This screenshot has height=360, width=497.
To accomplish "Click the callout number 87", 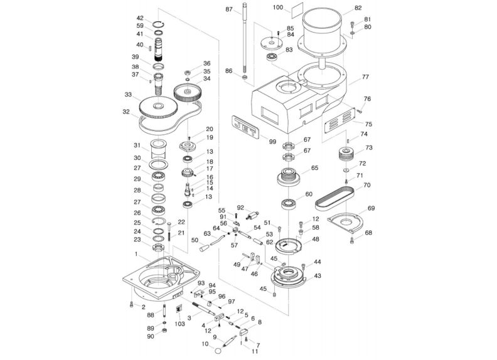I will coord(228,9).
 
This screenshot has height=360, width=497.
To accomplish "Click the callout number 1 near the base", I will coord(136,254).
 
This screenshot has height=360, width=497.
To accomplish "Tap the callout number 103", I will coord(180,324).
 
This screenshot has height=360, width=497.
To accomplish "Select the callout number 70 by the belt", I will coord(367,186).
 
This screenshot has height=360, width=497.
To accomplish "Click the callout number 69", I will coord(371,208).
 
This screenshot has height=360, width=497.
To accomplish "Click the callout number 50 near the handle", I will coord(195,240).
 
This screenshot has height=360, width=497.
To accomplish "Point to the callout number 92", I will coord(240,207).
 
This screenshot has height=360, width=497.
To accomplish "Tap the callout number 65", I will coord(314,168).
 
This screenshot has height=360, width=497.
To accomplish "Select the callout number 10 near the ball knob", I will coord(204,344).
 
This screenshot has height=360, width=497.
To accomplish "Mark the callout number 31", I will coord(137,146).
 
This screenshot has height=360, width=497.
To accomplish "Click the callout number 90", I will coord(150,337).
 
